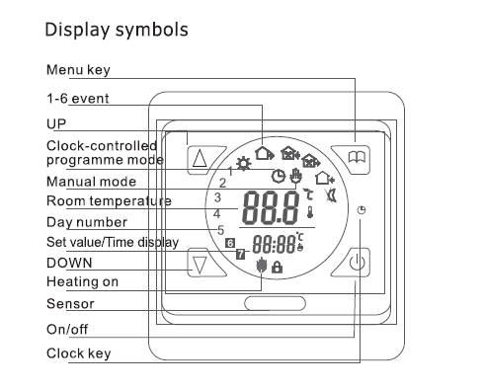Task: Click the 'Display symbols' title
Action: [117, 29]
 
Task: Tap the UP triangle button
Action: [201, 158]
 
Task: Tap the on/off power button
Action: [358, 264]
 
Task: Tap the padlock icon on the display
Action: [277, 267]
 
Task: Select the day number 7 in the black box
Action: [240, 255]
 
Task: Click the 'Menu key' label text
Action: [78, 69]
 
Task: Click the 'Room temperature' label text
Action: [109, 201]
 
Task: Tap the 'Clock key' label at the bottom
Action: [78, 352]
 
